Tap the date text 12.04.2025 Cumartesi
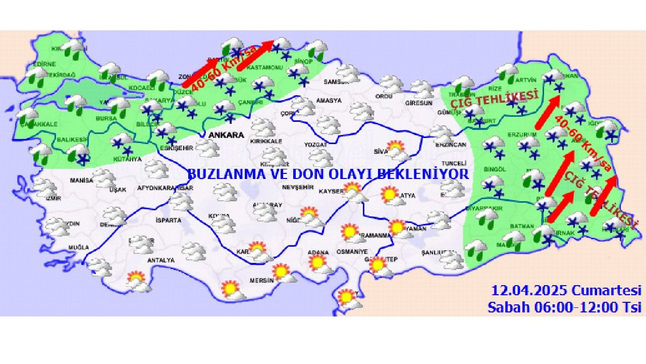(566, 291)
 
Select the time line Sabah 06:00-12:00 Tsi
(564, 307)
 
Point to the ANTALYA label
(160, 260)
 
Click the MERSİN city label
(261, 281)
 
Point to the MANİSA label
(82, 180)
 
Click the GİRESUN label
(419, 103)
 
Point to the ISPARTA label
(169, 220)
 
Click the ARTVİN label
(527, 80)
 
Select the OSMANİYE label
(353, 252)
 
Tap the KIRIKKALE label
(266, 142)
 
